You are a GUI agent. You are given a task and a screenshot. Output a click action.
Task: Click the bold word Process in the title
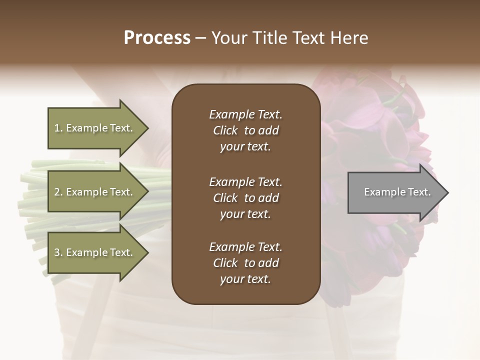click(157, 38)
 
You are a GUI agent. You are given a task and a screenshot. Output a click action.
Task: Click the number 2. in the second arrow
click(58, 192)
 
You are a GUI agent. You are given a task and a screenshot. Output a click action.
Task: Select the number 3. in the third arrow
click(58, 252)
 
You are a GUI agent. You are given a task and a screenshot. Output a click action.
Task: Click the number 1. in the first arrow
click(58, 128)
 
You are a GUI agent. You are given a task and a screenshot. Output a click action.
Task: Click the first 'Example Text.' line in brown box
click(245, 114)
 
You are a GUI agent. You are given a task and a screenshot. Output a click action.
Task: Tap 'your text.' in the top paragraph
click(245, 147)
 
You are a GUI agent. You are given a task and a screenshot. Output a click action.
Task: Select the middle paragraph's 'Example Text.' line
click(245, 182)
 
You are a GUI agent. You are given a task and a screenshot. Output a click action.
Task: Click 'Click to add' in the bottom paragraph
click(245, 263)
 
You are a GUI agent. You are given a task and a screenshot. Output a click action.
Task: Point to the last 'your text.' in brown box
click(245, 279)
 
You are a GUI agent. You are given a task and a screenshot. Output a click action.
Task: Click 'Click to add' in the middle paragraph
click(245, 198)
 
